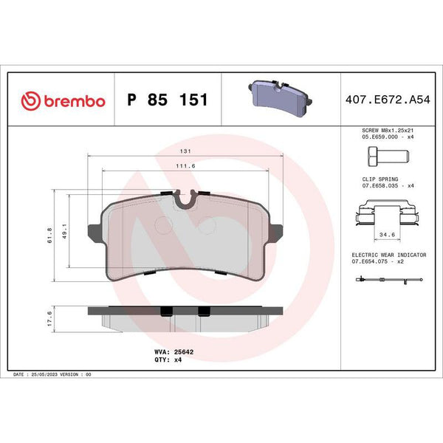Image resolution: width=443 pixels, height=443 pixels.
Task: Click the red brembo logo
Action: tap(63, 100)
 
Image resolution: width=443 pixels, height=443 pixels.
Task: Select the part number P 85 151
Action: tap(168, 100)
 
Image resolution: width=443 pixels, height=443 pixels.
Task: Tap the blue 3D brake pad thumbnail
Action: tap(281, 98)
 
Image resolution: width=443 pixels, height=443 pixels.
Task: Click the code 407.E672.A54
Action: tap(388, 100)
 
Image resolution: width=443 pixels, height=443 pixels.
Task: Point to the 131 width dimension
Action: tap(185, 151)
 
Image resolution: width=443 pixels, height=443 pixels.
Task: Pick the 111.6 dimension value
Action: tap(185, 166)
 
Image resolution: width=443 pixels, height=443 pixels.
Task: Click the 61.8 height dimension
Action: tap(49, 236)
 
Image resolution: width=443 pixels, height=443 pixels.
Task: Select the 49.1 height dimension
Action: tap(65, 231)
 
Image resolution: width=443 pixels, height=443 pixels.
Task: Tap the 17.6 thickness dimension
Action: tap(49, 319)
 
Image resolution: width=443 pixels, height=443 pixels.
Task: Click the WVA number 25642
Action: tap(184, 352)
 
